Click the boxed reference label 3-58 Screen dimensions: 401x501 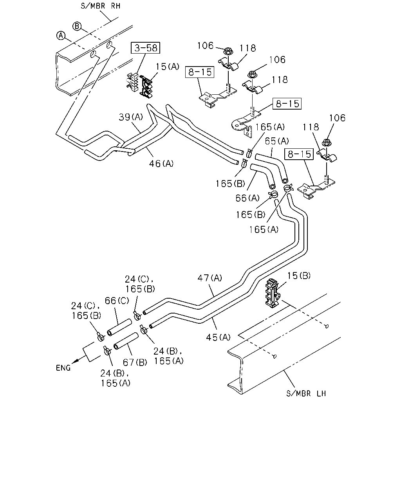point(145,48)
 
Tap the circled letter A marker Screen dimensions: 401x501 point(61,36)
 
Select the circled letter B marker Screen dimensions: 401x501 point(77,26)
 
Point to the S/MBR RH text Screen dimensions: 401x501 point(100,6)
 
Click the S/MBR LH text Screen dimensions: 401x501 point(306,393)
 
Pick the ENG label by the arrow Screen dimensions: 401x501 point(63,368)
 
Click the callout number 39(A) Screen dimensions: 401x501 point(131,117)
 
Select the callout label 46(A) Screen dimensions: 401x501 point(161,164)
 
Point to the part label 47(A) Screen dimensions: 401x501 point(210,278)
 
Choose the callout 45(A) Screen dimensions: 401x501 point(218,337)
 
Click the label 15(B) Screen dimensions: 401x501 point(299,276)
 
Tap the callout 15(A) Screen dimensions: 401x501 point(167,67)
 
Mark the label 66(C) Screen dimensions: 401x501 point(117,301)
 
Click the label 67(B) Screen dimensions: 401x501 point(135,362)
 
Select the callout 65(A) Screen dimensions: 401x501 point(277,141)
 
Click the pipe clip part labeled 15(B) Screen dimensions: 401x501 point(272,292)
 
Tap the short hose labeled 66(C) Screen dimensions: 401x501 point(119,327)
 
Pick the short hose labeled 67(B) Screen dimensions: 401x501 point(126,341)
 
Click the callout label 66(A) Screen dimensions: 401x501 point(247,198)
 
